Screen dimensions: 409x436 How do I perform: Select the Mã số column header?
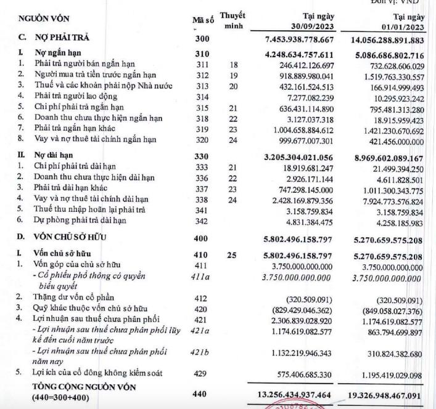pyautogui.click(x=202, y=20)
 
